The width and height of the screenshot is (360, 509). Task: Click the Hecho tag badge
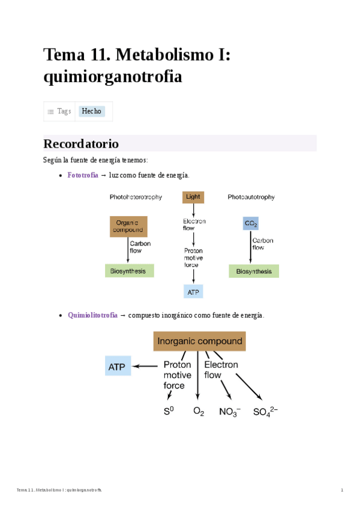click(92, 112)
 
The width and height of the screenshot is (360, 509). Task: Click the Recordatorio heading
click(81, 144)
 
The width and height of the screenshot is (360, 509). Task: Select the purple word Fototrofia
click(83, 175)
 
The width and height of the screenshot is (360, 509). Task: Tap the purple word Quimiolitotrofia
click(92, 315)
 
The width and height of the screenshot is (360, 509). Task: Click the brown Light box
click(193, 197)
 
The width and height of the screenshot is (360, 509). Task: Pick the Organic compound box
click(128, 226)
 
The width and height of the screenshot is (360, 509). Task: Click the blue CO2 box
click(251, 224)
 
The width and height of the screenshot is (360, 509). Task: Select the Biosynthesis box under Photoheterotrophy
click(129, 271)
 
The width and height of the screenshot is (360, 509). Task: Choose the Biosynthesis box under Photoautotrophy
click(254, 271)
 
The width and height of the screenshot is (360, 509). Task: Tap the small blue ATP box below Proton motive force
click(193, 292)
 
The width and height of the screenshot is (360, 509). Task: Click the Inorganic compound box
click(199, 342)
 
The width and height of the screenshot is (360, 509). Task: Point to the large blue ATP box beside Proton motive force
click(118, 366)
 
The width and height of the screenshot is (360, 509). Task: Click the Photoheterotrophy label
click(136, 197)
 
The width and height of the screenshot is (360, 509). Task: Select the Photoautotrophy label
click(251, 197)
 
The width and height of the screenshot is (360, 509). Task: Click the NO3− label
click(230, 412)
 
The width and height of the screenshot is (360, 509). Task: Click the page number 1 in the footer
click(342, 490)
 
